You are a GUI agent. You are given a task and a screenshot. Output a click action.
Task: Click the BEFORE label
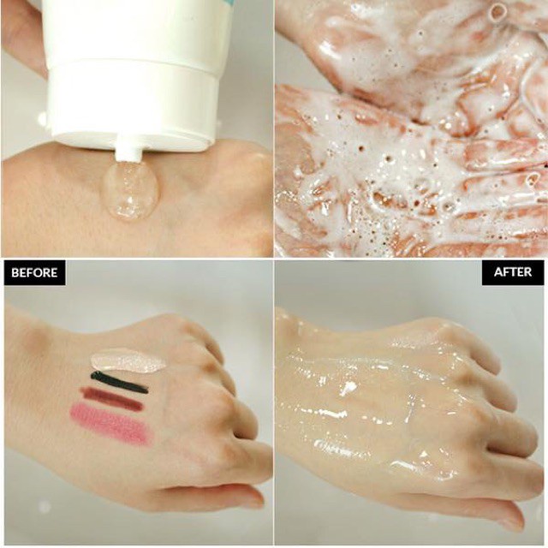point(34,273)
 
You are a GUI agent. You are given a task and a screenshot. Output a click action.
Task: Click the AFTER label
point(512,272)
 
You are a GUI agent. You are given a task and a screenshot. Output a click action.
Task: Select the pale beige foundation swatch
point(128,360)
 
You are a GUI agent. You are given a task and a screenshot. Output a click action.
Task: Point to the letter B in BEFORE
point(14,273)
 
